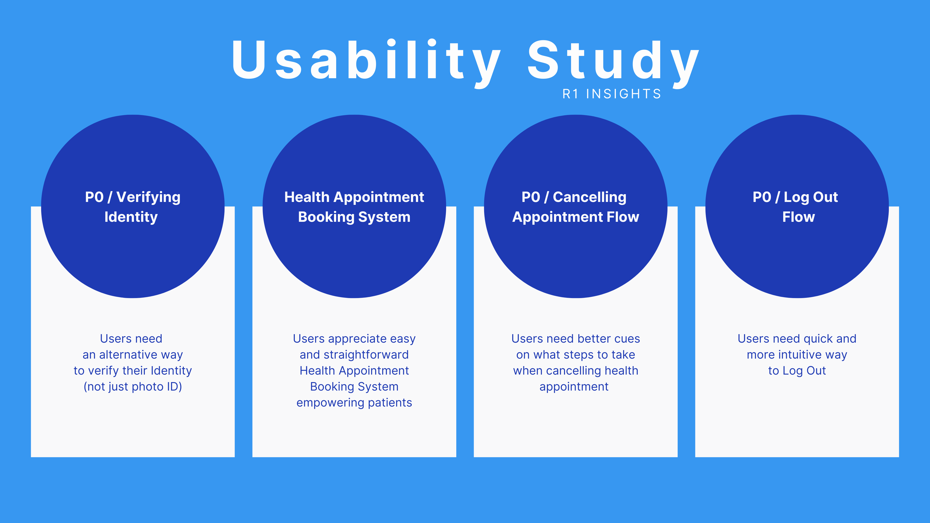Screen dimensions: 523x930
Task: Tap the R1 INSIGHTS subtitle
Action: tap(612, 94)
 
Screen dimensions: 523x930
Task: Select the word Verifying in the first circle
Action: tap(148, 197)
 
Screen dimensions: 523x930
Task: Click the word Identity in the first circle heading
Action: tap(131, 217)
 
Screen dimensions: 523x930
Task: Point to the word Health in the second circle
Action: tap(307, 197)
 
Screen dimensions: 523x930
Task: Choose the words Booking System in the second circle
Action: tap(354, 217)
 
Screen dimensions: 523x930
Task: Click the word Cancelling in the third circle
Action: tap(589, 197)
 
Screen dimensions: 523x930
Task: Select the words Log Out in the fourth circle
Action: tap(811, 197)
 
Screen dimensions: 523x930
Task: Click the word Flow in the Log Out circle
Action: tap(798, 217)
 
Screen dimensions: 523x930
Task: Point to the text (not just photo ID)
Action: tap(133, 387)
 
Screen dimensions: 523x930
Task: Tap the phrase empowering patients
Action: tap(354, 402)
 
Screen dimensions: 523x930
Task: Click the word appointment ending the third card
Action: tap(574, 387)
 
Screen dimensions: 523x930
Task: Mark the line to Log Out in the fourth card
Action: tap(797, 371)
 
